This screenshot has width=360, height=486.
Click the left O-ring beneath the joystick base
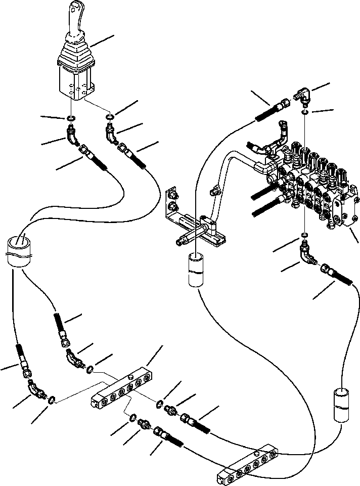72,119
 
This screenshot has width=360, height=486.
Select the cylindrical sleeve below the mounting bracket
196,270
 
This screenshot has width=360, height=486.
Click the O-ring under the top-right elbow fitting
304,113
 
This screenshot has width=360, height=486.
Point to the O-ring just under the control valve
304,235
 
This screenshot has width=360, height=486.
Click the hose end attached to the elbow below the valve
331,274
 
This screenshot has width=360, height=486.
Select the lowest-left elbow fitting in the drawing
36,391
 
